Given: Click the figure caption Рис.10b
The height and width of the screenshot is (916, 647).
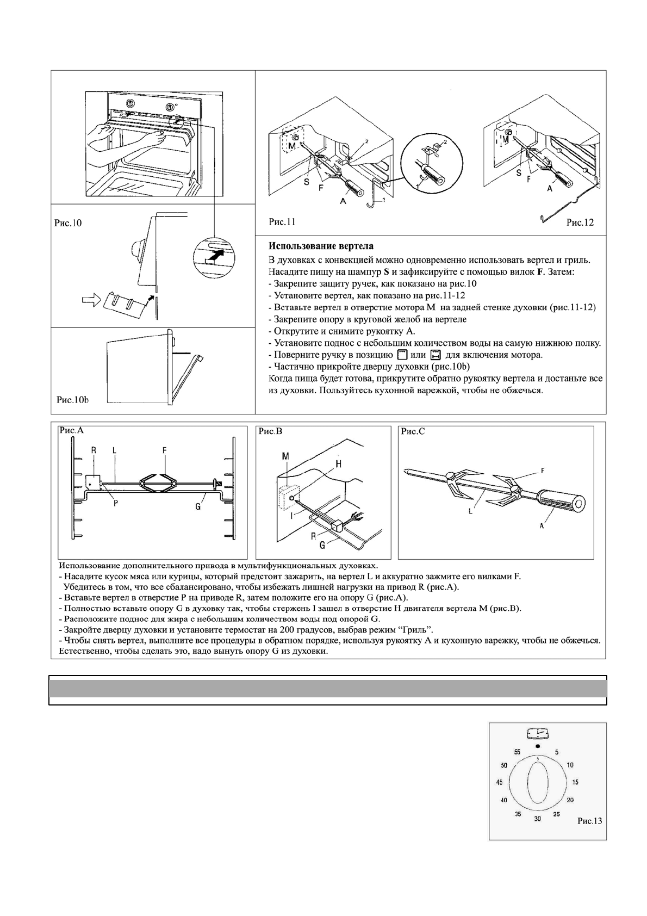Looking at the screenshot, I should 72,400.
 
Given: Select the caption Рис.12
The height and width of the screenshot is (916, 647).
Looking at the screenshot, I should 580,222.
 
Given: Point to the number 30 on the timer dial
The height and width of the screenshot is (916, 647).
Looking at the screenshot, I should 538,819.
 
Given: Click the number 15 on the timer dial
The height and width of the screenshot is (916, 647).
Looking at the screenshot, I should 575,782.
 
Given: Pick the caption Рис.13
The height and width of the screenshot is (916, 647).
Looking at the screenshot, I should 590,821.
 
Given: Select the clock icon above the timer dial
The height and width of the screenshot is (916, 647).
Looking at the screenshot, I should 538,734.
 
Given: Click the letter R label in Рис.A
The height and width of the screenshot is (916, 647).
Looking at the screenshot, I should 94,450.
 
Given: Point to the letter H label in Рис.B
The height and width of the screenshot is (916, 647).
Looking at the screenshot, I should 338,463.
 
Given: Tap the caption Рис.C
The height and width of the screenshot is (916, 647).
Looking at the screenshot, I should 413,431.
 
